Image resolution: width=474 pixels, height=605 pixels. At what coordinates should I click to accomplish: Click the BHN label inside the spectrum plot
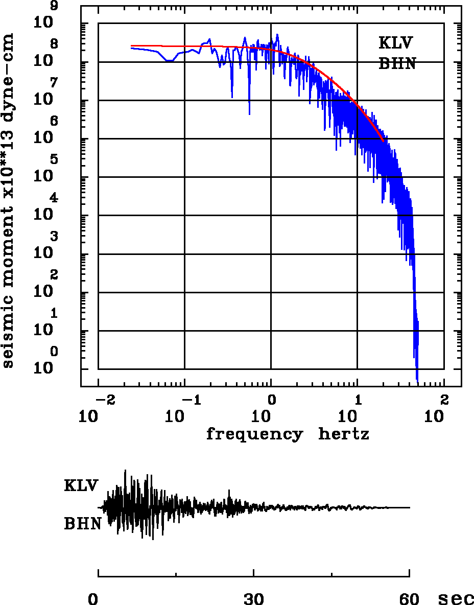tap(397, 64)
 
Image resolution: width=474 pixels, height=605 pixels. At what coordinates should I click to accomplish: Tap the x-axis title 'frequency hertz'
tap(288, 434)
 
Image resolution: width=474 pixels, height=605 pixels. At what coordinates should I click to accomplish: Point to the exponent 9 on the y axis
tap(54, 6)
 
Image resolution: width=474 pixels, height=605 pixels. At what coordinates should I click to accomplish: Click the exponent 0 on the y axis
tap(54, 351)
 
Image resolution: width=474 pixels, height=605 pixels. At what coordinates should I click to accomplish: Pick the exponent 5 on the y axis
tap(54, 159)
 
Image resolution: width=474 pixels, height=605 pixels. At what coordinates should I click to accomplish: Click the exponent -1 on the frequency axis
tap(191, 399)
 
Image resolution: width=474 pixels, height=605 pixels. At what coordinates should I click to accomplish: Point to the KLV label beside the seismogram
tap(81, 485)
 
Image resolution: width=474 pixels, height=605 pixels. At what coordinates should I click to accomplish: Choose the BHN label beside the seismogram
tap(82, 524)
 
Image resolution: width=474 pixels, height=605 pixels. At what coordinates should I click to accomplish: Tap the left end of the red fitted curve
tap(132, 45)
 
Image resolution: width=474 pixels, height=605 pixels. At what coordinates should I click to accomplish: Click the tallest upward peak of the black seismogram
tap(125, 471)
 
